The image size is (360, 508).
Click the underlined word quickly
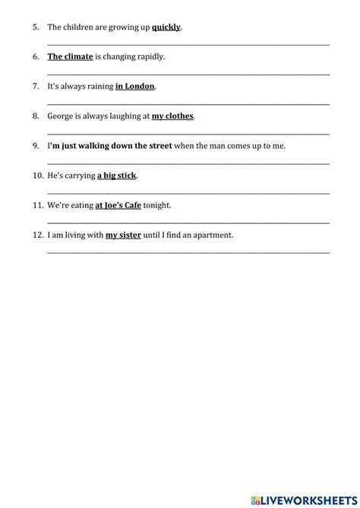tap(166, 27)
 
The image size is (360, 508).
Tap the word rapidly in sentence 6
tap(149, 57)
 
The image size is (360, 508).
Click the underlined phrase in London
tap(134, 87)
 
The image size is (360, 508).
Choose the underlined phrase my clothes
tap(172, 116)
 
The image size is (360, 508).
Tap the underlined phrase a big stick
tap(117, 175)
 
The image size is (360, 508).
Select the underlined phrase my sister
tap(123, 235)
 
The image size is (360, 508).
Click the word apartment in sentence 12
tap(213, 235)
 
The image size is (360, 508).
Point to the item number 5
tap(36, 27)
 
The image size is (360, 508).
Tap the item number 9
tap(36, 146)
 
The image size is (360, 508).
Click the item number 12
tap(38, 235)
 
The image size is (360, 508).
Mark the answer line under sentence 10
tap(188, 193)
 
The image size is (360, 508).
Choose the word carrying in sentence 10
tap(79, 175)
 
